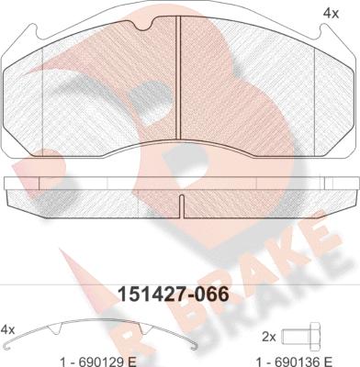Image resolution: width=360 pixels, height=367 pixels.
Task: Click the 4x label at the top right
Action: click(331, 14)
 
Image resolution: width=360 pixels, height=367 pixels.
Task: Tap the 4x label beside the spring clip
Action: click(8, 329)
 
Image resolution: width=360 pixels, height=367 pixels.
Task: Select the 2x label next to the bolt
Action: click(269, 337)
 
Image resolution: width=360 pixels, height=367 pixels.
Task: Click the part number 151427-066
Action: click(174, 295)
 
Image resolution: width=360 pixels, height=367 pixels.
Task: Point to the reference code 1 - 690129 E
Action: click(98, 361)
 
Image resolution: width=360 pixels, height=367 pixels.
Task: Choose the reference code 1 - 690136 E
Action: click(294, 361)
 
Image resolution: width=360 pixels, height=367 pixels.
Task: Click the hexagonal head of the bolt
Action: click(315, 337)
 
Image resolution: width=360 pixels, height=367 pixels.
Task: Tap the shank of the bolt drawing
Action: click(295, 337)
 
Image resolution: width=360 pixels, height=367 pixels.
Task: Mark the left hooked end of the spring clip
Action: click(11, 347)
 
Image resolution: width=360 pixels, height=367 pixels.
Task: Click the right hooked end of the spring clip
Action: click(194, 347)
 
